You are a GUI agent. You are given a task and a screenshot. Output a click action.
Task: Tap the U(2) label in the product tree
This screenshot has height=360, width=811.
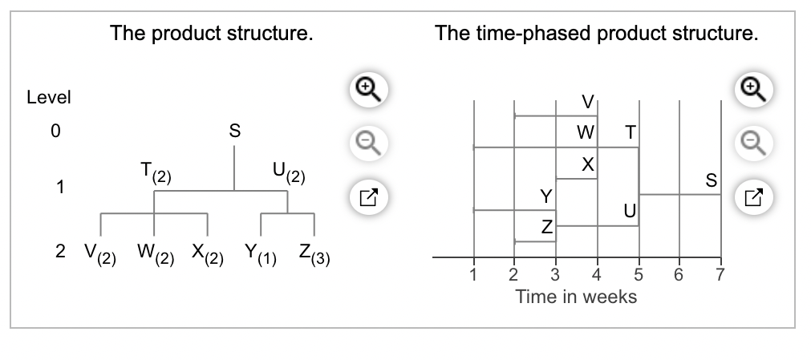[x=287, y=172]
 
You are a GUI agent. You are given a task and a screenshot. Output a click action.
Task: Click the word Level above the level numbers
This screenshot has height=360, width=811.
[x=49, y=98]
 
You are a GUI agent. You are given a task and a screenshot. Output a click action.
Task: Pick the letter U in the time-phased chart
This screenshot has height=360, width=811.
[x=629, y=212]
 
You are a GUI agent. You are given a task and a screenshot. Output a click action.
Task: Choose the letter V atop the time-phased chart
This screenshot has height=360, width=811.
[x=588, y=102]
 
